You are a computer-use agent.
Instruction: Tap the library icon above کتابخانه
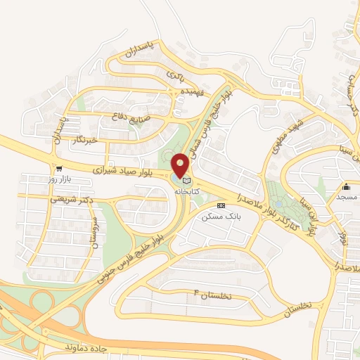click(x=186, y=181)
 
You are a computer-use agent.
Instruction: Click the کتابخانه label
click(x=192, y=191)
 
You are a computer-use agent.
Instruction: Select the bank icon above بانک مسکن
click(x=221, y=205)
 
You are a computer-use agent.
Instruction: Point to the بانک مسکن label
click(x=221, y=217)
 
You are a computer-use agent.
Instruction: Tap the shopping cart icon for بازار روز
click(x=58, y=169)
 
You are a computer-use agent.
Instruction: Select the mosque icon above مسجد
click(x=347, y=186)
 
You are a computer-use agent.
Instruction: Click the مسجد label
click(x=347, y=198)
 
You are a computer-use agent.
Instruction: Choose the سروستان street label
click(x=93, y=229)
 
